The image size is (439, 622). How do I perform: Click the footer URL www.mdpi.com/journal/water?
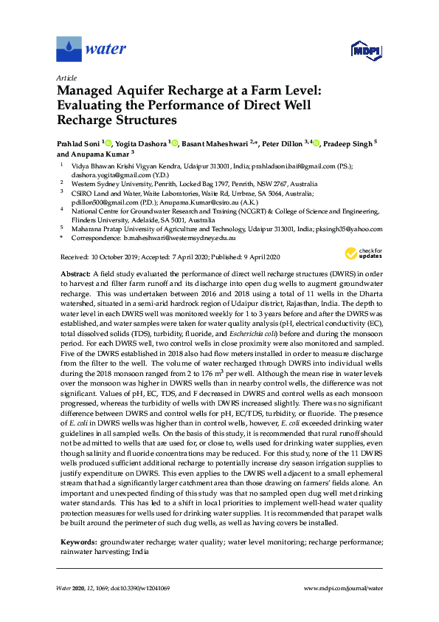tap(344, 587)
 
